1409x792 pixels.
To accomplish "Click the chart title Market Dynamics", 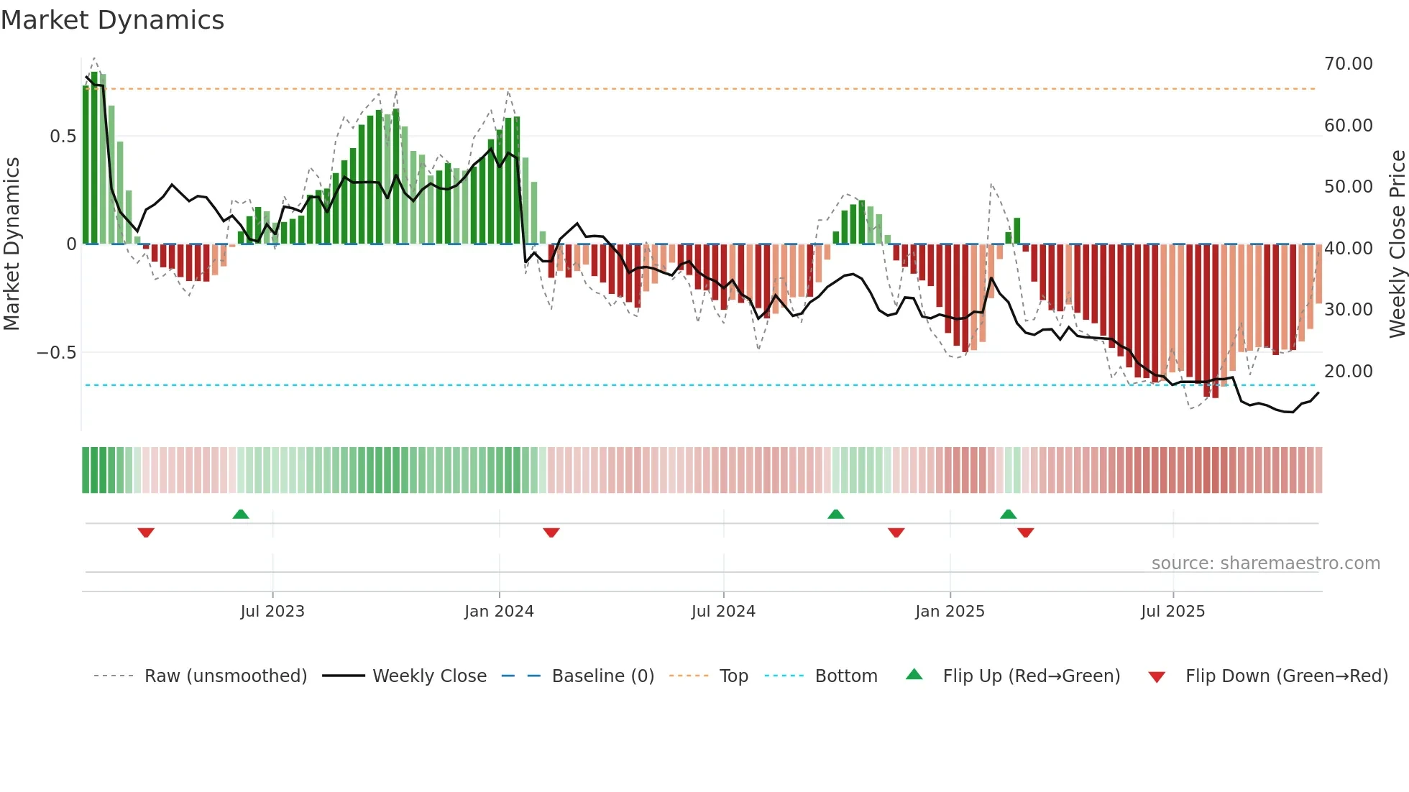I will tap(112, 20).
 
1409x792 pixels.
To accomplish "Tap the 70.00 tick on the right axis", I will tap(1348, 64).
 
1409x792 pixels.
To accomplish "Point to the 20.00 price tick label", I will tap(1348, 372).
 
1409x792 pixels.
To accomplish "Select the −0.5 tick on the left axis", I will tap(56, 353).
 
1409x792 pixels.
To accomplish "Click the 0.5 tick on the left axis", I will tap(63, 137).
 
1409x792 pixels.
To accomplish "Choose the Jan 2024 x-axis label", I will tap(499, 612).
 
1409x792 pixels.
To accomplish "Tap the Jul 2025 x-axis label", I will tap(1172, 612).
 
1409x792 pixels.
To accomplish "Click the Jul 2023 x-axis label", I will tap(272, 612).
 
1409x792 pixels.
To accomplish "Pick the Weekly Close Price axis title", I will tap(1397, 244).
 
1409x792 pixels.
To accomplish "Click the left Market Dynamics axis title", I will tap(12, 244).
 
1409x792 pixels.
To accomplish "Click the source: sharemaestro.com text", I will tap(1265, 563).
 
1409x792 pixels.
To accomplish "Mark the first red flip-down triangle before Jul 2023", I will tap(146, 533).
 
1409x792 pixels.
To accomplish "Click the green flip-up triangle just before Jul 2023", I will tap(241, 515).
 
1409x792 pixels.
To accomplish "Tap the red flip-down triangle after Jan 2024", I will tap(551, 533).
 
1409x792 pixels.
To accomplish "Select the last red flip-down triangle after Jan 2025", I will tap(1026, 533).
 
